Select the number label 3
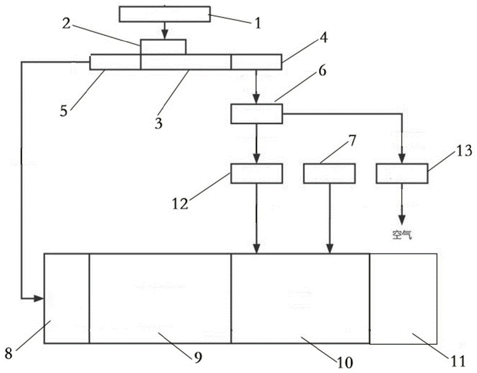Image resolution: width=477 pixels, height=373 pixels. pos(158,123)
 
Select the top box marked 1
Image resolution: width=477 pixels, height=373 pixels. pos(164,14)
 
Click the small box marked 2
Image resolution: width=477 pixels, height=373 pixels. pos(163,47)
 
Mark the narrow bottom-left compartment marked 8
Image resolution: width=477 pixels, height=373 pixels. pos(67,299)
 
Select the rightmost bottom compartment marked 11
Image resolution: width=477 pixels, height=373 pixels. pos(403,299)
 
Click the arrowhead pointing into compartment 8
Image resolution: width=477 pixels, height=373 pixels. pos(39,299)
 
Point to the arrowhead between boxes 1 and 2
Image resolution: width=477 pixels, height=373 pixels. pos(165,35)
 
